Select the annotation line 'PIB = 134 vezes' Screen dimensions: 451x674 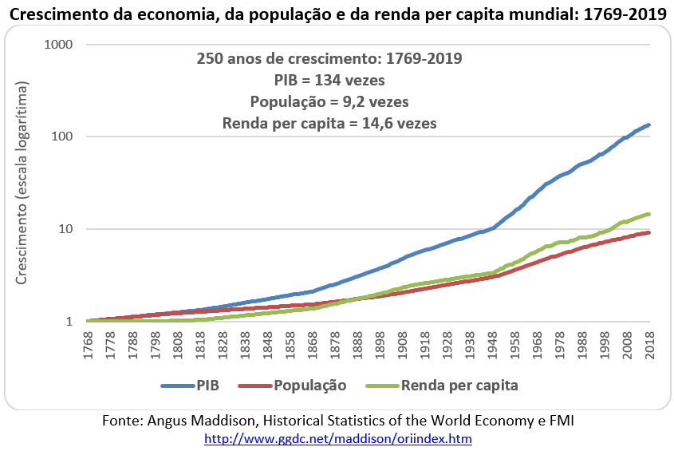point(329,81)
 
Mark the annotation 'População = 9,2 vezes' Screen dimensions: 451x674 point(329,102)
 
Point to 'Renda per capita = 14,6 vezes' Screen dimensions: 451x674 point(329,124)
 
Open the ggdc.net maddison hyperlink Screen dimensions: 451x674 point(338,439)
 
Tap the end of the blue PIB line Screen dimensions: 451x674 point(649,125)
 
